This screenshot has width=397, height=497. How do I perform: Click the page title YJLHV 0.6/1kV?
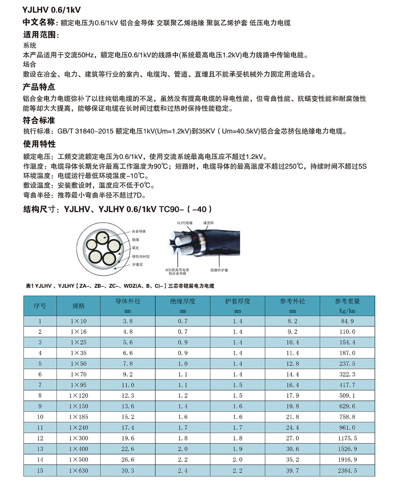click(x=52, y=10)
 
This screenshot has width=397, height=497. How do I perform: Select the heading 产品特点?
click(x=39, y=87)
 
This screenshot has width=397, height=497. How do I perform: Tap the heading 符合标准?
click(x=39, y=120)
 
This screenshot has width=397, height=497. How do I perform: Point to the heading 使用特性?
click(x=39, y=144)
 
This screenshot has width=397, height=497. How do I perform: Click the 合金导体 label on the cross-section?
click(x=139, y=231)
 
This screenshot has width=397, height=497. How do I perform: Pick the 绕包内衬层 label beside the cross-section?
click(x=140, y=256)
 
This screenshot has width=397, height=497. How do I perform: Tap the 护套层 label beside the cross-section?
click(x=137, y=265)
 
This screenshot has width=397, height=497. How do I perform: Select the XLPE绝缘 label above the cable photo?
click(x=185, y=223)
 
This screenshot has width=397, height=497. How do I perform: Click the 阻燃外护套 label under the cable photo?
click(x=219, y=270)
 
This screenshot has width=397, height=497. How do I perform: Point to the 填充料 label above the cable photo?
click(x=208, y=223)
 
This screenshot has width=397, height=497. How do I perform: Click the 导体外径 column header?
click(x=128, y=301)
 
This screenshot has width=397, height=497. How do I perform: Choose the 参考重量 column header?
click(x=347, y=301)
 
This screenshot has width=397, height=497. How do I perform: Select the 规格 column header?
click(x=79, y=306)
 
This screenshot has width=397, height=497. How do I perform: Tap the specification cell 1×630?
click(x=79, y=470)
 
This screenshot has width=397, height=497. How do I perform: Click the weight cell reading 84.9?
click(x=347, y=321)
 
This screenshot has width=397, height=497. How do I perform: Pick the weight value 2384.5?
click(x=347, y=470)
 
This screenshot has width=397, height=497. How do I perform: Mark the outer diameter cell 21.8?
click(x=292, y=417)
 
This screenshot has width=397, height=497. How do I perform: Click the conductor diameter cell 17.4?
click(x=128, y=428)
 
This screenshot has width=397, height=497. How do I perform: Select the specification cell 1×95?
click(x=79, y=385)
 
